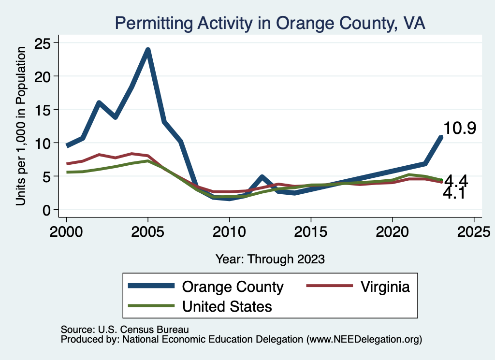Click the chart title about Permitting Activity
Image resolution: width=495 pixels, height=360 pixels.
(x=270, y=23)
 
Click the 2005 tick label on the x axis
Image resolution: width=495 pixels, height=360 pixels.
(x=148, y=230)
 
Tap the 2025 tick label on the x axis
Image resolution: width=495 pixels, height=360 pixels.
(x=474, y=230)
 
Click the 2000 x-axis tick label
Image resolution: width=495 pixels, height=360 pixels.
(x=66, y=230)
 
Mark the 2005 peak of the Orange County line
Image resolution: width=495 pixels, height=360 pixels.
(x=148, y=50)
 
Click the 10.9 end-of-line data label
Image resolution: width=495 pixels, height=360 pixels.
(x=460, y=129)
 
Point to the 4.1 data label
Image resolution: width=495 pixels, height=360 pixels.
(x=454, y=193)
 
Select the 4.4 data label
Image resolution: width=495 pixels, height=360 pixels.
(x=455, y=181)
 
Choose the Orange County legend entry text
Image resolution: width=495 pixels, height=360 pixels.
(x=232, y=287)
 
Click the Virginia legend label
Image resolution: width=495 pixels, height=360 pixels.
(x=385, y=287)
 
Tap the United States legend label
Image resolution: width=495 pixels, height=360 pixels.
(x=227, y=306)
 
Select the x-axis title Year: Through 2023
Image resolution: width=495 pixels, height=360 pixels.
(x=270, y=259)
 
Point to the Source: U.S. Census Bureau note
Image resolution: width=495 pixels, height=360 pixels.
(x=124, y=329)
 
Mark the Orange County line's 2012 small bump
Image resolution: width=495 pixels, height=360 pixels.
(x=262, y=177)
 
